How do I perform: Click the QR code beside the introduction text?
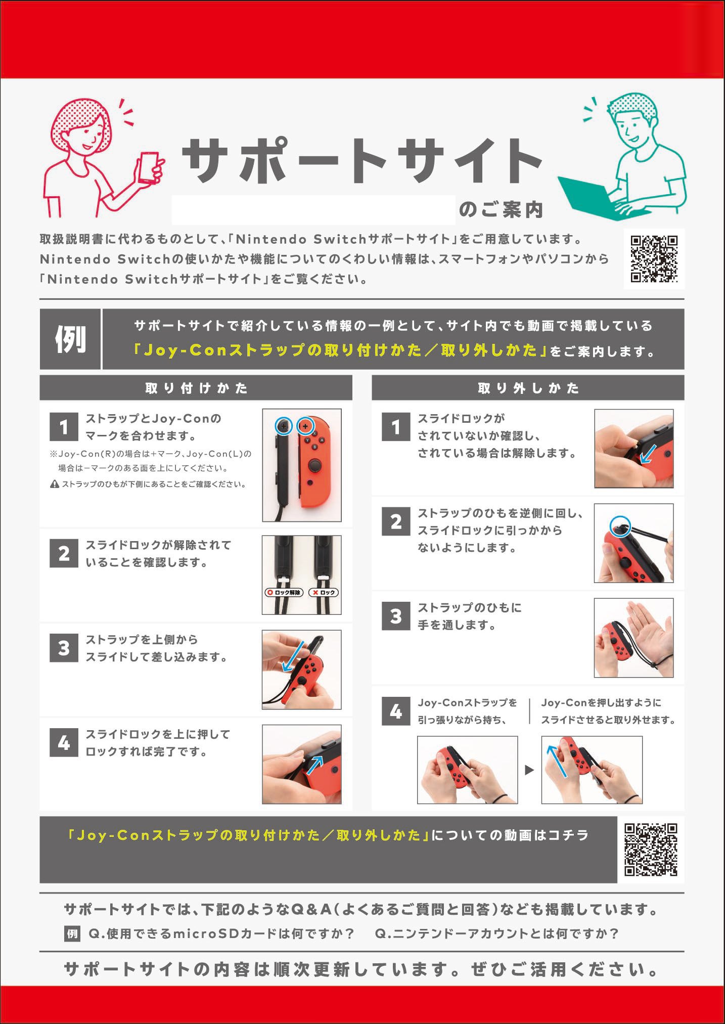coord(654,259)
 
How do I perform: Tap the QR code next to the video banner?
coord(651,850)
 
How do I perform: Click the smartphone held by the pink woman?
coord(148,168)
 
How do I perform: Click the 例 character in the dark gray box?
coord(70,339)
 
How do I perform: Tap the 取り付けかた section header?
coord(196,388)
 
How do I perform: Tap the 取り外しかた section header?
coord(528,388)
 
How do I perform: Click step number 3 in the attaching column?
coord(64,648)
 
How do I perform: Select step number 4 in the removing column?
coord(396,711)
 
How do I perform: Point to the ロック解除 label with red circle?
coord(283,592)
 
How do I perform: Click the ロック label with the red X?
coord(323,592)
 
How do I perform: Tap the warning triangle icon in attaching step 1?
coord(55,484)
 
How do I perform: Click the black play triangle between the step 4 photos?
coord(529,770)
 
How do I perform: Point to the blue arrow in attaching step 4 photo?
coord(315,765)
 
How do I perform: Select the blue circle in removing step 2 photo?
coord(620,526)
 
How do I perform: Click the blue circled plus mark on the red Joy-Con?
coord(305,426)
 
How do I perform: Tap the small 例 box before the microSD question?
coord(72,933)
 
